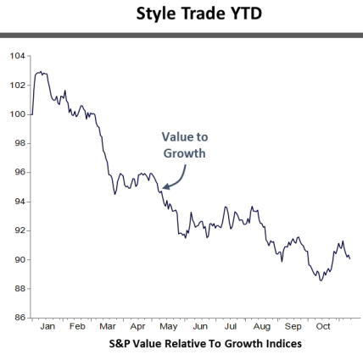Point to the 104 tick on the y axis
17,56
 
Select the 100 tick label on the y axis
17,114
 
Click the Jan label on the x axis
47,326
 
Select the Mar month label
108,326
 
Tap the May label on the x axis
169,326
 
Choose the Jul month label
231,326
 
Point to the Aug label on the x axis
261,326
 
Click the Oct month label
323,326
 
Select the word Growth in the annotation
185,153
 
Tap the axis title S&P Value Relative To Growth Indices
205,344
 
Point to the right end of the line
349,258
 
